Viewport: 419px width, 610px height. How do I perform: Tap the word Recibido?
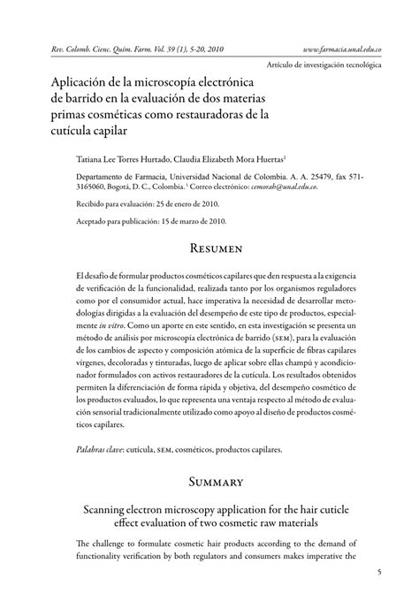(x=93, y=203)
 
